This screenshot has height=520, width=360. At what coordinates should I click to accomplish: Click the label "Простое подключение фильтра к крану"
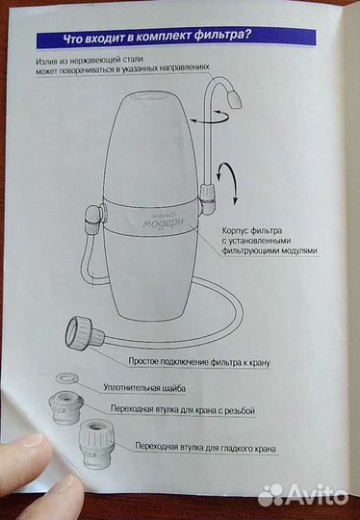click(x=201, y=362)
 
